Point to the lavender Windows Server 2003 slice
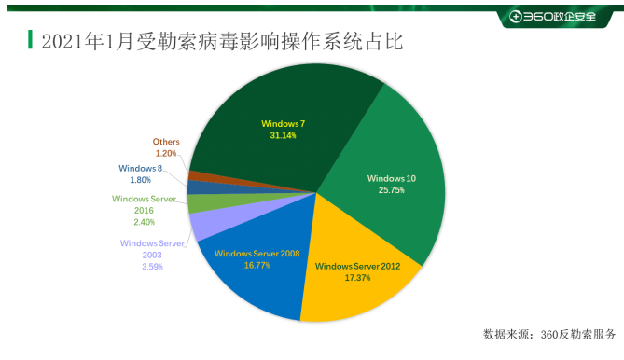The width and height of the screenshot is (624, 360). pos(203,224)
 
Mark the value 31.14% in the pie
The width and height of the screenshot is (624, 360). pos(283,136)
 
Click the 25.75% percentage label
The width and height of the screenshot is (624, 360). pos(392,190)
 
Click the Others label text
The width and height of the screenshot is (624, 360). pos(166,143)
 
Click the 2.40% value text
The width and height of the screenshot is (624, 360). pos(143,222)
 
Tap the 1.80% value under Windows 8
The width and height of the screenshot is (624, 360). pos(142,180)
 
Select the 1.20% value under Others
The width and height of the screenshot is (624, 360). pos(166,153)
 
